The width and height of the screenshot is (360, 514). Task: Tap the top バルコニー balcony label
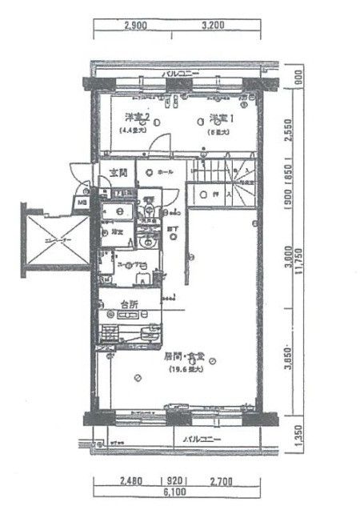[181, 74]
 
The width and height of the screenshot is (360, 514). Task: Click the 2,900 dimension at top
[137, 26]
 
